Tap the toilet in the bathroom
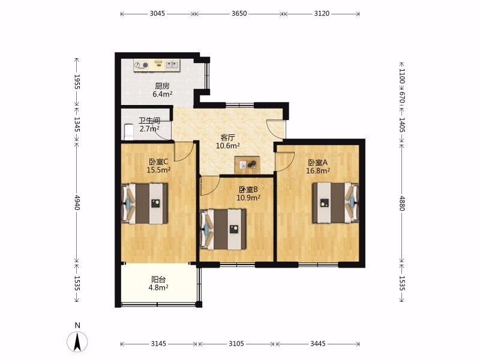(128, 131)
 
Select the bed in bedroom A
(335, 203)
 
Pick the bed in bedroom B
(223, 229)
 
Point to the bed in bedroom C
(145, 203)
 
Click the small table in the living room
(247, 165)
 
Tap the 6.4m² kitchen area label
(162, 94)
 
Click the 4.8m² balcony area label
(158, 287)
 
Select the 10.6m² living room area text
(228, 146)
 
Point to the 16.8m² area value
(318, 171)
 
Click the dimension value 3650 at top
(239, 13)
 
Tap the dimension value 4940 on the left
(77, 202)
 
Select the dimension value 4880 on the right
(402, 203)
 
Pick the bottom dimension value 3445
(318, 344)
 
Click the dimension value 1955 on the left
(77, 82)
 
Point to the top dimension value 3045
(157, 13)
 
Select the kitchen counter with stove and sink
(157, 65)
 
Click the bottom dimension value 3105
(236, 344)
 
